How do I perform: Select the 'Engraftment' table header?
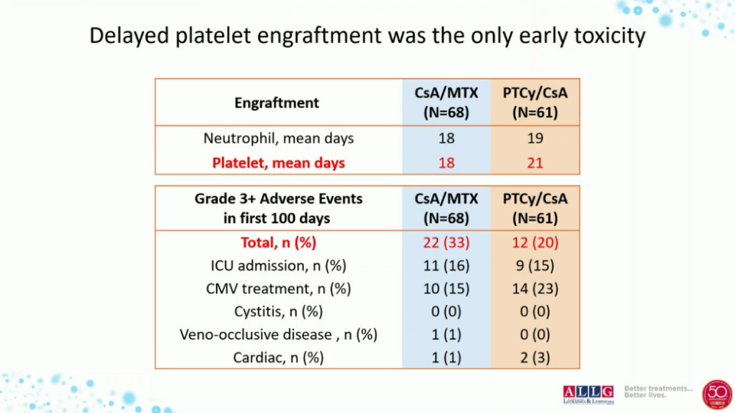click(276, 102)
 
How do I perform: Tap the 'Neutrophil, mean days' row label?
click(279, 139)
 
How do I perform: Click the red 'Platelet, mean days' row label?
click(279, 162)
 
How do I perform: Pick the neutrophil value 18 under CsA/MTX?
click(446, 139)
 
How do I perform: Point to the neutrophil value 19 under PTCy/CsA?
click(535, 139)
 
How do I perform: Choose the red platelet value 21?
click(535, 162)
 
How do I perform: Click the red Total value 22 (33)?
click(446, 243)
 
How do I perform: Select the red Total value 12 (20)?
click(535, 243)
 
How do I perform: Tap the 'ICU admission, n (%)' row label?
click(279, 266)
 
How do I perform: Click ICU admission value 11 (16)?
click(446, 266)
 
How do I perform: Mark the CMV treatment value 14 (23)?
click(535, 289)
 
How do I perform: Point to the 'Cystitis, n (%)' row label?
click(279, 312)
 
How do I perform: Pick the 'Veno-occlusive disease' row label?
click(279, 335)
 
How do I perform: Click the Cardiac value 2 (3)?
click(535, 358)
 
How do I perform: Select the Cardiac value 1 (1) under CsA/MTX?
click(446, 358)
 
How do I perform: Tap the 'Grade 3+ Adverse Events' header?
click(278, 198)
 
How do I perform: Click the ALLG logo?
click(588, 393)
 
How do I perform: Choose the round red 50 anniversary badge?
click(717, 394)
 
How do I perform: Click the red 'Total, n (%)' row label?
click(279, 243)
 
